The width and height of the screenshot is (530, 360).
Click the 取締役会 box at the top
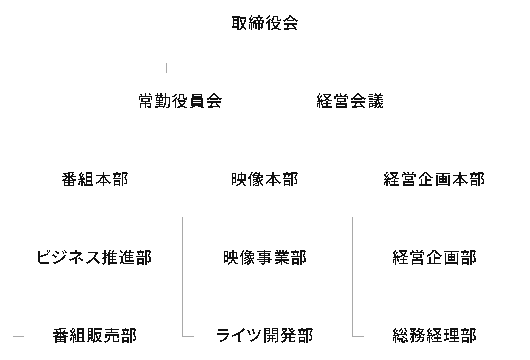click(265, 24)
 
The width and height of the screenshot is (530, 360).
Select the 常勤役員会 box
click(180, 102)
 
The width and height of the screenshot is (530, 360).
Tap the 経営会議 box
click(350, 102)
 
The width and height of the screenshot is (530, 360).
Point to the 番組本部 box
click(95, 180)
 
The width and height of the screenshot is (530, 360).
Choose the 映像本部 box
click(265, 180)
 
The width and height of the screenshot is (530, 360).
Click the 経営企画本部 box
click(435, 180)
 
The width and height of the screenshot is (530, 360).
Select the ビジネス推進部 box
click(95, 258)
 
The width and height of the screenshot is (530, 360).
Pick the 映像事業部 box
click(265, 258)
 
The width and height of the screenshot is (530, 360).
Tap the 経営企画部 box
click(435, 258)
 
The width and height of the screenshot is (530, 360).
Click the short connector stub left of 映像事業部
click(188, 258)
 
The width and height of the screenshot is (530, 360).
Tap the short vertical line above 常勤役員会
click(166, 68)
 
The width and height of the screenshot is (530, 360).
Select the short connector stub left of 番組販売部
click(18, 336)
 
